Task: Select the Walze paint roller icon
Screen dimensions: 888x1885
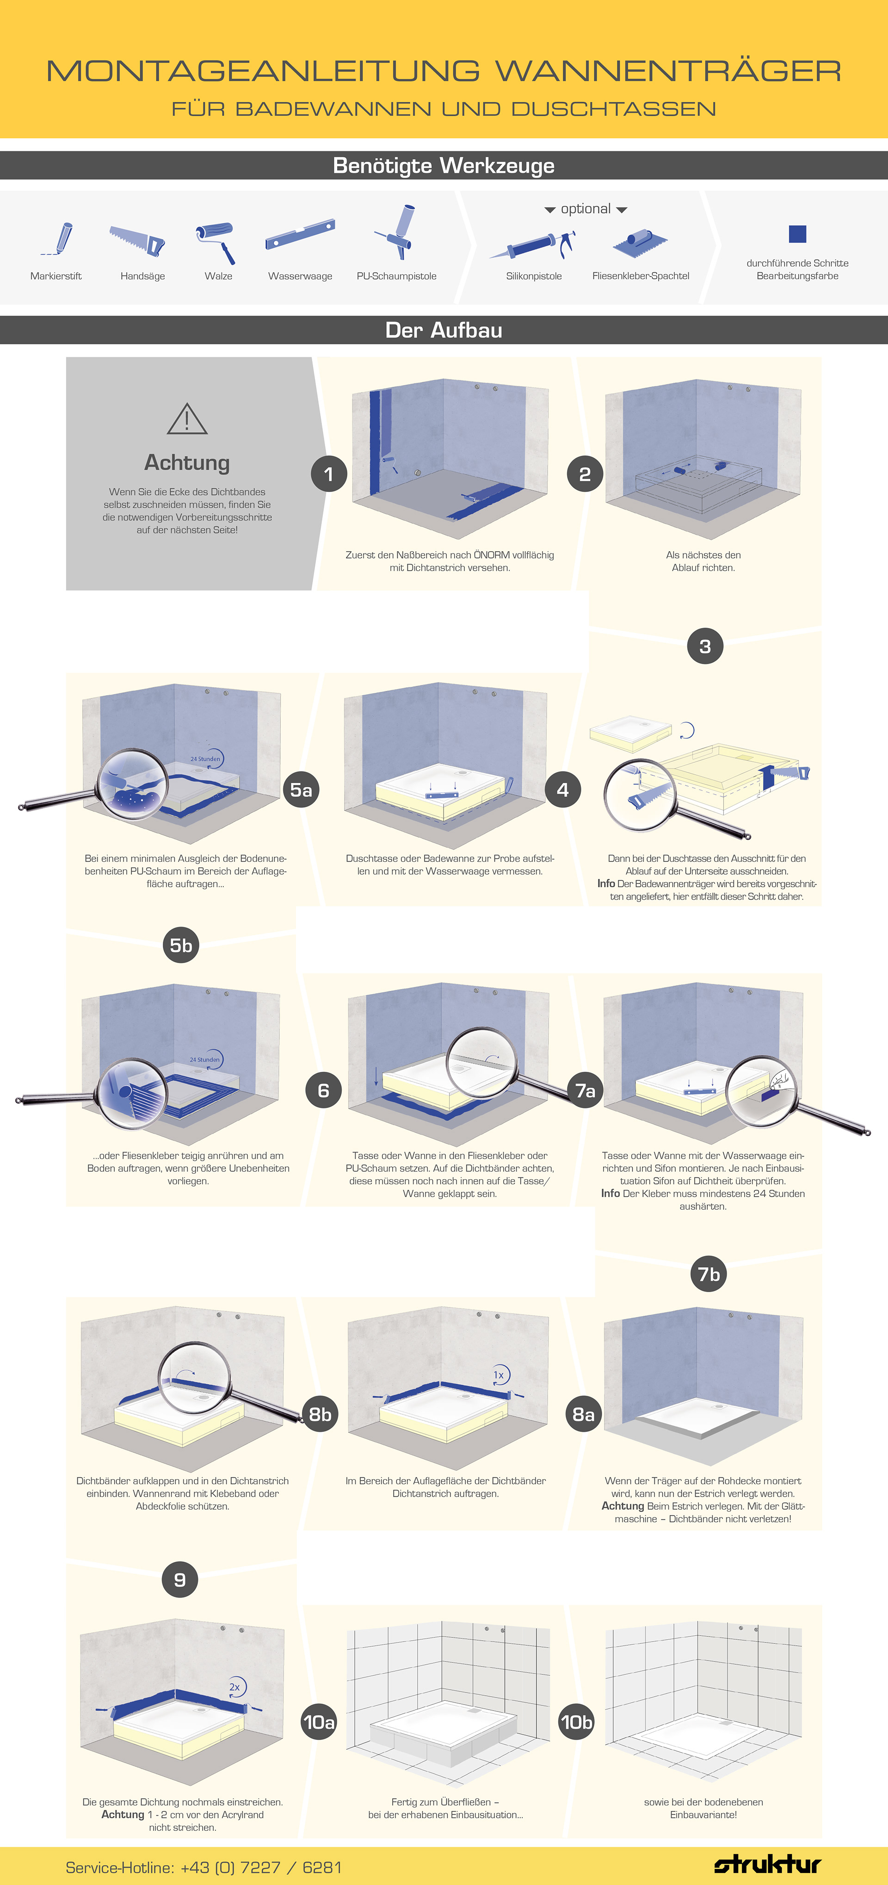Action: tap(216, 242)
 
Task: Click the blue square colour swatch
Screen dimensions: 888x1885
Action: tap(797, 233)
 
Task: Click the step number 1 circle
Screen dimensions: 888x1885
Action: tap(328, 474)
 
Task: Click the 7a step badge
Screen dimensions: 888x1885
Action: tap(585, 1090)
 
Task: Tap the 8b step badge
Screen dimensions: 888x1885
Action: tap(320, 1414)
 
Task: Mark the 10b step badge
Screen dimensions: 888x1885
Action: tap(576, 1722)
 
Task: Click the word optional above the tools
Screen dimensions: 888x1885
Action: tap(585, 209)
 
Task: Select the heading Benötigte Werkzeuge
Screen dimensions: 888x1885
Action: tap(443, 165)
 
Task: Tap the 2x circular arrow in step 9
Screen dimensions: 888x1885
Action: tap(235, 1687)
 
